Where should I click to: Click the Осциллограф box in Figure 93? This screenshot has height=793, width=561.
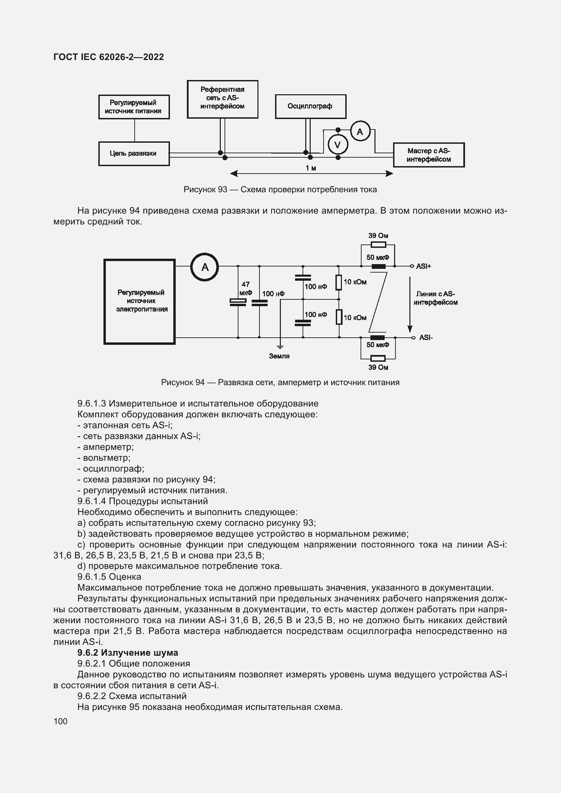coord(310,106)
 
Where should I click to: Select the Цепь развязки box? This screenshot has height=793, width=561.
coord(134,154)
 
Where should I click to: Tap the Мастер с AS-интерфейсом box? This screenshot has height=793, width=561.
coord(428,155)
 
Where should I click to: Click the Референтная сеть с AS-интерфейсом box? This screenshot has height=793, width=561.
coord(222,99)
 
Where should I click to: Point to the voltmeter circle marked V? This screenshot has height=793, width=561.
coord(337,145)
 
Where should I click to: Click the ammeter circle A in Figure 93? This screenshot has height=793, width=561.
coord(360,132)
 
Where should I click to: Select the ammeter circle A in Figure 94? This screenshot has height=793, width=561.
coord(205,267)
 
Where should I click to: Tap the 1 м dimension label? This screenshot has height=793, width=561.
coord(311,168)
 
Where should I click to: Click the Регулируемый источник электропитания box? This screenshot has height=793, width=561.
coord(139,301)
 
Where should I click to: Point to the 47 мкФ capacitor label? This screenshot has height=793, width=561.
coord(246,289)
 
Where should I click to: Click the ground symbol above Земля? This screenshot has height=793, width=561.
coord(280,346)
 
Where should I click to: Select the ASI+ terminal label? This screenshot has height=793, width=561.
coord(424,266)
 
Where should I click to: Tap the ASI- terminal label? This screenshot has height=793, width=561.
coord(426,337)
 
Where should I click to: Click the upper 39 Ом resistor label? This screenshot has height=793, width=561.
coord(378,236)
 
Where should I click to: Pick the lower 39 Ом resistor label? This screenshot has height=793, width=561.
coord(378,367)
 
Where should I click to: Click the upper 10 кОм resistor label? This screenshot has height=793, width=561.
coord(355,282)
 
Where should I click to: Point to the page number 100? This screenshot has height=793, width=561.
coord(60,721)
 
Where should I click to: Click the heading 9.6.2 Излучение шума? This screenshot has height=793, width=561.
coord(128,653)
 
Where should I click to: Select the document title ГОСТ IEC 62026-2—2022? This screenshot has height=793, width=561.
coord(109,57)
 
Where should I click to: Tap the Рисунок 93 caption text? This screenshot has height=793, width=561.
coord(280,190)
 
